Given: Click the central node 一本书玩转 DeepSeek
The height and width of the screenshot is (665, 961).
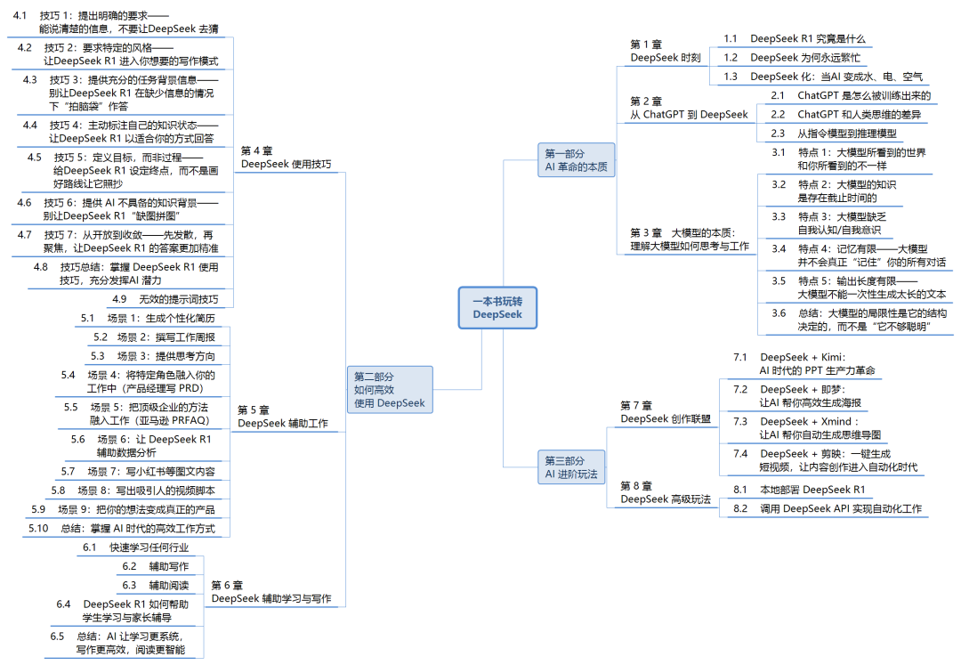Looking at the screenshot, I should [x=497, y=307].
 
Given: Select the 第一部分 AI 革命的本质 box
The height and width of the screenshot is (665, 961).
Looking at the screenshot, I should [x=575, y=160].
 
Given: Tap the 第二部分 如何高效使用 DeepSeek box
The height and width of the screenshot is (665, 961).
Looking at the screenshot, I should [x=389, y=390].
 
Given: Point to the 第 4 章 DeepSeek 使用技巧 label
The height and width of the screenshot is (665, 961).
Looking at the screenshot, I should [x=286, y=157].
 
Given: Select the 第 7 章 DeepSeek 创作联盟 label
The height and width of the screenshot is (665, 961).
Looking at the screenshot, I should [x=665, y=411].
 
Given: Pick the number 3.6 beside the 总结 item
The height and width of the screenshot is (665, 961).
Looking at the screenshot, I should [x=779, y=312].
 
